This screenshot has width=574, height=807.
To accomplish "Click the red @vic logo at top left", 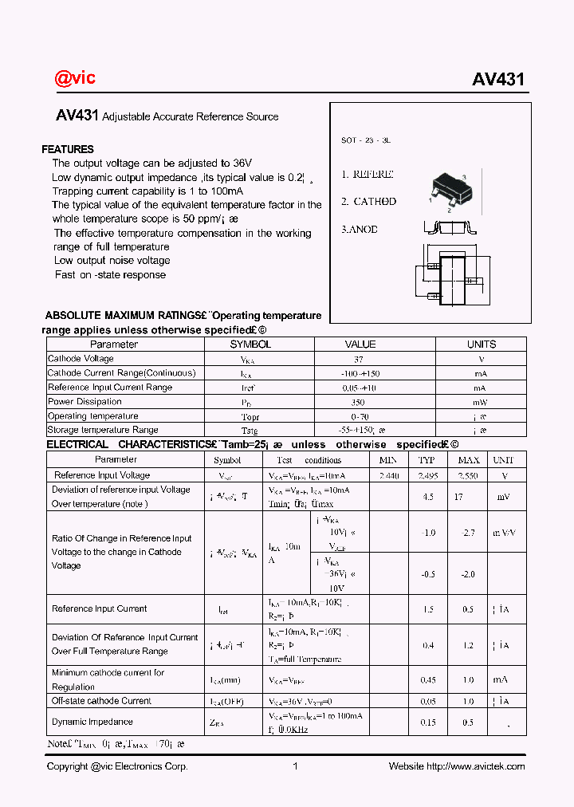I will pyautogui.click(x=75, y=77).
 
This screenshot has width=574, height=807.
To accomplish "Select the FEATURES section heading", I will pyautogui.click(x=68, y=149).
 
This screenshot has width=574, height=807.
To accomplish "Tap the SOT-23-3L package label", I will pyautogui.click(x=366, y=140).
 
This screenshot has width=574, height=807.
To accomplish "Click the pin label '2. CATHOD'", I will pyautogui.click(x=368, y=202).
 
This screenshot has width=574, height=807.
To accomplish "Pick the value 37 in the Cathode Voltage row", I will pyautogui.click(x=360, y=359).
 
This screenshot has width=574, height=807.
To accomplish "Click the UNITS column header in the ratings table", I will pyautogui.click(x=481, y=344).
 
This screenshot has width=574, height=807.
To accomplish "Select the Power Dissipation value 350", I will pyautogui.click(x=360, y=402).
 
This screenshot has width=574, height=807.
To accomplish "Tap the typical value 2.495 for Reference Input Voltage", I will pyautogui.click(x=427, y=475).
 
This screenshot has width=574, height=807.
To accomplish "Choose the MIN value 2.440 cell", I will pyautogui.click(x=389, y=475).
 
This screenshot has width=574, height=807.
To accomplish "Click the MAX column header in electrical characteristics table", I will pyautogui.click(x=468, y=460).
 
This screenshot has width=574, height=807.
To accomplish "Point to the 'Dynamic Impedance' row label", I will pyautogui.click(x=92, y=722).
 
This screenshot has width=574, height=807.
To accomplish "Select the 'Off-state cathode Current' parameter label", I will pyautogui.click(x=101, y=701).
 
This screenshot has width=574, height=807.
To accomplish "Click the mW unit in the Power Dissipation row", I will pyautogui.click(x=481, y=402).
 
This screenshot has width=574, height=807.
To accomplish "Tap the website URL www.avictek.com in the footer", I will pyautogui.click(x=476, y=766).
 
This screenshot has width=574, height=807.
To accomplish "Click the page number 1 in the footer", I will pyautogui.click(x=295, y=766).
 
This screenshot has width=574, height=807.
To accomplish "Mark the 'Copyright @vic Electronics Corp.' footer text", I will pyautogui.click(x=117, y=766).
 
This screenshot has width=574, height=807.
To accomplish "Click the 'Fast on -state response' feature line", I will pyautogui.click(x=110, y=274).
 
